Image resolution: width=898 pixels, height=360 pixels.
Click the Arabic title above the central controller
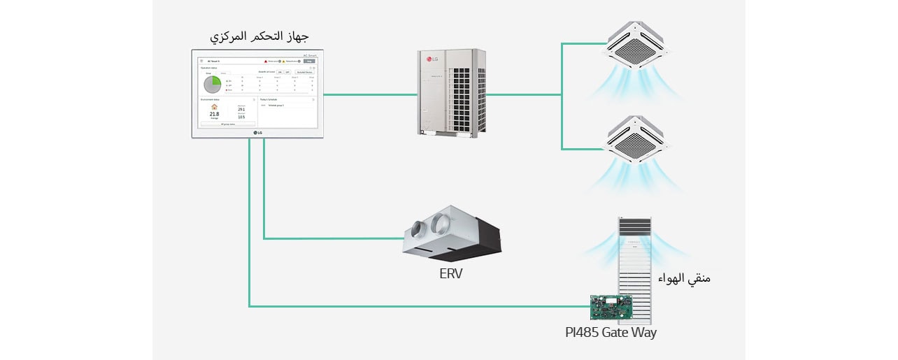259,36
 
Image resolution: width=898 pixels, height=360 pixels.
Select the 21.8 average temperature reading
214,113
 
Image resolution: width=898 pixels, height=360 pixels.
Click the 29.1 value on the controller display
241,109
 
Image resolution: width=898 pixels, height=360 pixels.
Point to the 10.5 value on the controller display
241,117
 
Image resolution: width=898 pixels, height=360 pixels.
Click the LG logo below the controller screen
258,133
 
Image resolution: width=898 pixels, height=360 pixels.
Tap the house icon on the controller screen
214,107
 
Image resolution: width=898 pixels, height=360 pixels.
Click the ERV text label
451,273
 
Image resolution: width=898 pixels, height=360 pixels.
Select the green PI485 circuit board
611,305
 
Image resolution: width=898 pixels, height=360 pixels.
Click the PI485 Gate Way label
611,332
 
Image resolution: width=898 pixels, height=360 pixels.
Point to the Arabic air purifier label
684,278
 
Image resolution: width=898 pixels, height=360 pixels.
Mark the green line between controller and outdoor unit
371,94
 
